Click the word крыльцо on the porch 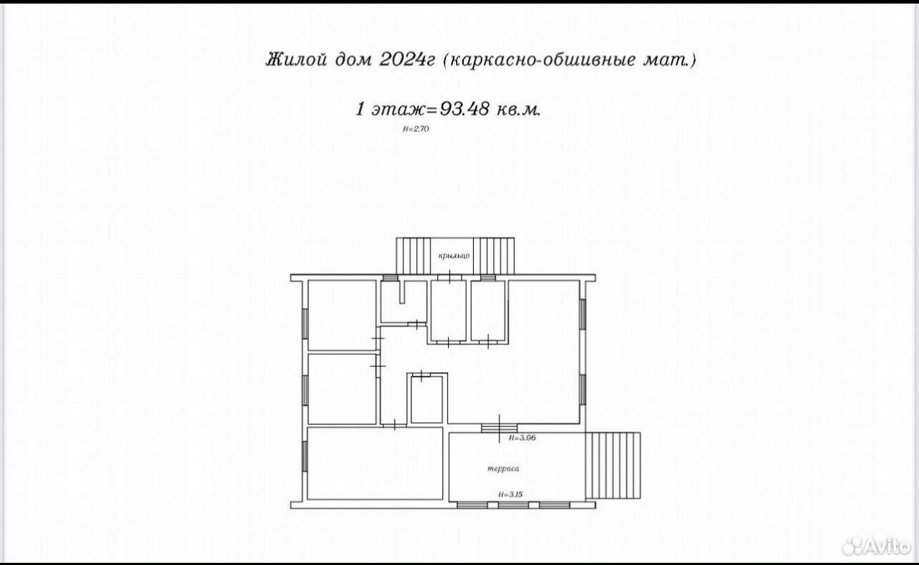(x=454, y=256)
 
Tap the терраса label (x=503, y=468)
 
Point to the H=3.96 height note (x=522, y=438)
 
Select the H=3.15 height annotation (x=510, y=495)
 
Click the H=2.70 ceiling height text (x=416, y=129)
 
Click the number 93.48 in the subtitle (x=465, y=109)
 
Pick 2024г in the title (x=406, y=60)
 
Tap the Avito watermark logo (x=876, y=546)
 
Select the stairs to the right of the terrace (x=613, y=465)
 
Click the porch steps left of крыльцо (x=413, y=256)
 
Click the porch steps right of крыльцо (x=493, y=256)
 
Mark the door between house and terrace (x=499, y=428)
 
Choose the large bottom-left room (x=375, y=463)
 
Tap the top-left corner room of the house (x=342, y=315)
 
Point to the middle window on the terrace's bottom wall (x=513, y=505)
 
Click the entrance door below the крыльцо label (x=450, y=277)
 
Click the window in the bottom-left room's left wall (x=305, y=457)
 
